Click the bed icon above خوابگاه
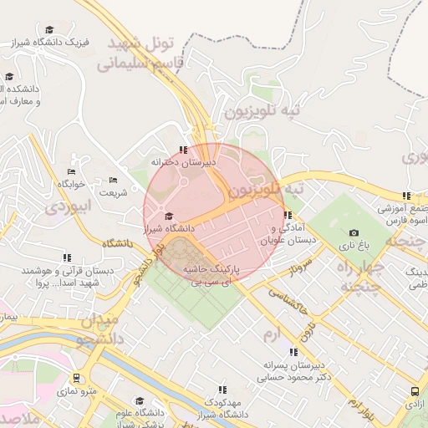click(71, 159)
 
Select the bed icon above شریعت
click(114, 180)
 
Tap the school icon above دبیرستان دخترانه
click(183, 150)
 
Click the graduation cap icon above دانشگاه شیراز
click(169, 216)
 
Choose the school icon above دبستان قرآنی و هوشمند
click(67, 257)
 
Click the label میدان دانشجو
click(99, 329)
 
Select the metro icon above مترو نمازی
click(77, 378)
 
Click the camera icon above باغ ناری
click(354, 232)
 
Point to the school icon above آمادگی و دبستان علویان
click(288, 215)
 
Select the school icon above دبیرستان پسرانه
click(293, 352)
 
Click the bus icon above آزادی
click(415, 391)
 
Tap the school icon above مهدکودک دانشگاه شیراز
click(222, 390)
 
